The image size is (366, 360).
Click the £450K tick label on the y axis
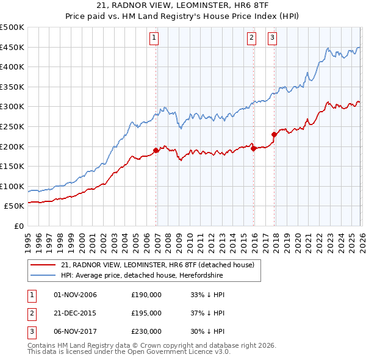pos(12,48)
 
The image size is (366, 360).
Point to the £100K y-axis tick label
pos(12,186)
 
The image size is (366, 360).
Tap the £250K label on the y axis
pos(12,126)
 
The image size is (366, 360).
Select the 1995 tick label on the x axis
pos(28,238)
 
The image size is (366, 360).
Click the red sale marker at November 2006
pos(156,149)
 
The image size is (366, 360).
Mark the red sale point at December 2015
pos(254,148)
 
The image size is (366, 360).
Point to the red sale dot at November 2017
pos(274,134)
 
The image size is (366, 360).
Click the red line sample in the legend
pos(43,265)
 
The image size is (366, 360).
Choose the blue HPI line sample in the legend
pos(43,276)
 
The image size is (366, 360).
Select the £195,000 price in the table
pos(146,313)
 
